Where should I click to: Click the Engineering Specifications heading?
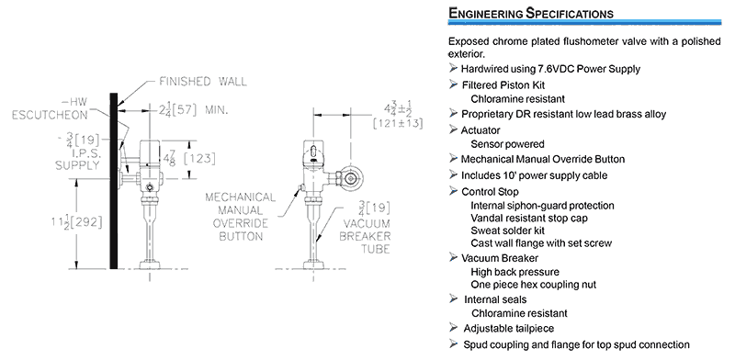click(531, 13)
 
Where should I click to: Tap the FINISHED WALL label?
click(203, 82)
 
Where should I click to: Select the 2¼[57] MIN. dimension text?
click(193, 110)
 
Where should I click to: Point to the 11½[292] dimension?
click(77, 222)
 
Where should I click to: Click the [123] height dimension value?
click(199, 159)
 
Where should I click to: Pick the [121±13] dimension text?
click(398, 124)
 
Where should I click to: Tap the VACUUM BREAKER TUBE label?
click(365, 228)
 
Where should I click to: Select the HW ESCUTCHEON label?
click(51, 108)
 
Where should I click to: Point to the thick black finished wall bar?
click(113, 181)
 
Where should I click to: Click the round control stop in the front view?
click(350, 176)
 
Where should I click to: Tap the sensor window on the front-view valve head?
click(313, 152)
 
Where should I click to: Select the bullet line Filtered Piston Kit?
click(503, 85)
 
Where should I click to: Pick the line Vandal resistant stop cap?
click(529, 218)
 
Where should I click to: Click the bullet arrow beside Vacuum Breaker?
click(453, 257)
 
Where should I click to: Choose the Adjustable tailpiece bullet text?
click(509, 329)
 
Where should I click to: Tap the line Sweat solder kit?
click(508, 231)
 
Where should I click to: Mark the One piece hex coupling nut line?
click(534, 285)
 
